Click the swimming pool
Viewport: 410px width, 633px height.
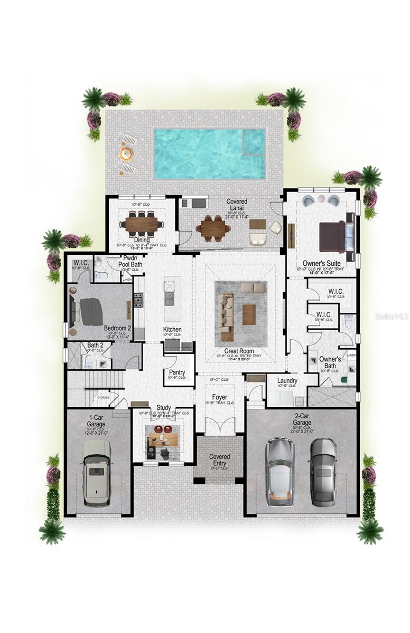pyautogui.click(x=209, y=154)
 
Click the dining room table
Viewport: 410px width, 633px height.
pyautogui.click(x=142, y=225)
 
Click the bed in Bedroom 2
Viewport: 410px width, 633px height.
pyautogui.click(x=87, y=311)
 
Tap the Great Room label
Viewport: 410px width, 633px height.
pyautogui.click(x=239, y=351)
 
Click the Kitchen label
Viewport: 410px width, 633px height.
pyautogui.click(x=172, y=330)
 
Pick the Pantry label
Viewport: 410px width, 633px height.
pyautogui.click(x=176, y=372)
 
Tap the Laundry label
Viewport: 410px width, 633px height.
pyautogui.click(x=287, y=380)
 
